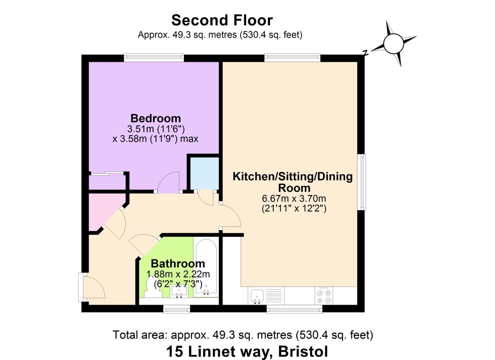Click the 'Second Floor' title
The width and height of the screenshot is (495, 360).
coord(222,20)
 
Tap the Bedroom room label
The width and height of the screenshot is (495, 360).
coord(156,118)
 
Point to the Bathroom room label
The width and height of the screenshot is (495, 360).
coord(178,264)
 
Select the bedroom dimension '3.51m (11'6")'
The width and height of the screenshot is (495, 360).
coord(156,129)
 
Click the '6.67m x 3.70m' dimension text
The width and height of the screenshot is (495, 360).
coord(294,198)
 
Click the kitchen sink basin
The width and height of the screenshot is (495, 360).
coord(257,296)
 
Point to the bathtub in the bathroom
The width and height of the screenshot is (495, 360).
coord(206,267)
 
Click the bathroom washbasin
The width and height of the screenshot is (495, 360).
coord(179,291)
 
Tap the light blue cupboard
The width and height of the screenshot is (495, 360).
coord(204,173)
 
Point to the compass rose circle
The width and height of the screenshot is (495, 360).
coord(394,44)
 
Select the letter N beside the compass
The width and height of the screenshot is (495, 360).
coord(366,52)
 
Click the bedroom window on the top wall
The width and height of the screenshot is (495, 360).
coord(154,58)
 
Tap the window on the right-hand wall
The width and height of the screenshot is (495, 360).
coord(362,182)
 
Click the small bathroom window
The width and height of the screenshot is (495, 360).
coord(177,309)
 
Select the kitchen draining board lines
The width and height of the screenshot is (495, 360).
coord(274,296)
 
